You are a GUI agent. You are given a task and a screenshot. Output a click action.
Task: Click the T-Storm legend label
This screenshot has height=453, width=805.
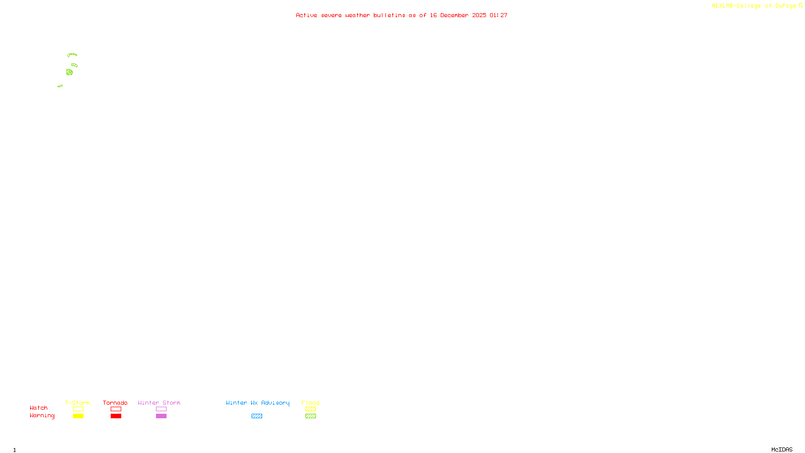click(x=77, y=403)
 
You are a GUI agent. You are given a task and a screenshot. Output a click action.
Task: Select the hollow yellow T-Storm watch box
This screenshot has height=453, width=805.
click(x=78, y=409)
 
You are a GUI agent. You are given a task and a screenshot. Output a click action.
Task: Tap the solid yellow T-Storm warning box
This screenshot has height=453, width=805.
click(x=78, y=416)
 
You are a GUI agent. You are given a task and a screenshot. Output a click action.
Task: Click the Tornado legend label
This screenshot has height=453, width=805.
click(x=115, y=403)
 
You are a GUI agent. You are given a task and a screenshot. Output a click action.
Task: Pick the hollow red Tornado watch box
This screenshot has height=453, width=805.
click(x=116, y=409)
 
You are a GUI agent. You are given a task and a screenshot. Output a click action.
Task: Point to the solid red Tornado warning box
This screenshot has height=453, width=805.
click(x=116, y=416)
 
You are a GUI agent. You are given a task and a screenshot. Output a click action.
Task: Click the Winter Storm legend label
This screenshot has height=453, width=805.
click(x=159, y=403)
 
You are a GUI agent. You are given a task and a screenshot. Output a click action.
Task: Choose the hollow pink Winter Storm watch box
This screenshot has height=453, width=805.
click(x=161, y=409)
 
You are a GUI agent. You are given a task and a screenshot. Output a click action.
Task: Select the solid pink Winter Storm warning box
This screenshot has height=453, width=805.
click(x=161, y=416)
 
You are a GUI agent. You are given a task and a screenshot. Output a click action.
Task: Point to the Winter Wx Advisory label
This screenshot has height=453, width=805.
click(x=258, y=403)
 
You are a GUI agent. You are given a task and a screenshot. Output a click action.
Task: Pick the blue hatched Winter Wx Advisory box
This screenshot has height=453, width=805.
click(x=257, y=416)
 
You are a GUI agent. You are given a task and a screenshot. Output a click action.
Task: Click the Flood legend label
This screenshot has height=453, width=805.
click(x=310, y=403)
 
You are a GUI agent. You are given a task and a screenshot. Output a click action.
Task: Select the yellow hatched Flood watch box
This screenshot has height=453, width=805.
click(x=310, y=409)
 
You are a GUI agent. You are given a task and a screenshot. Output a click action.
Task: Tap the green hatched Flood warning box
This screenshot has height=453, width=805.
click(x=310, y=416)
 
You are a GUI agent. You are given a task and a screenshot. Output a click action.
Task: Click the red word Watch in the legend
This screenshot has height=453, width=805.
click(x=39, y=408)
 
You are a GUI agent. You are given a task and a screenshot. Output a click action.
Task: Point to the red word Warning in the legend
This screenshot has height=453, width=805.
click(x=42, y=416)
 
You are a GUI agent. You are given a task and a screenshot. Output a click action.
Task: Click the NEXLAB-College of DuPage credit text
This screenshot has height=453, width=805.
click(x=754, y=6)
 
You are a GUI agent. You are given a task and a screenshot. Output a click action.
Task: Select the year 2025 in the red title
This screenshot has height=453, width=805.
click(x=479, y=16)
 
